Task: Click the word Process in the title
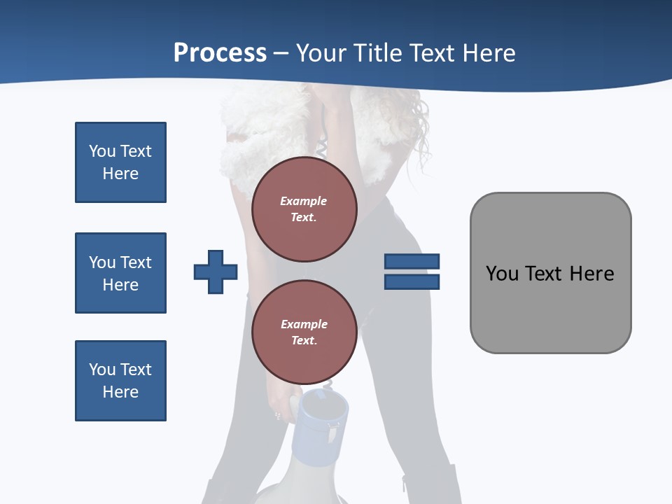[x=220, y=53]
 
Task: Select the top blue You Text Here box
[x=120, y=162]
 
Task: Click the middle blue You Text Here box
[x=120, y=273]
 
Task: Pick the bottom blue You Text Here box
[x=120, y=381]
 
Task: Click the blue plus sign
[x=216, y=272]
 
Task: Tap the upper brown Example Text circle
[x=304, y=209]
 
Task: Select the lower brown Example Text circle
[x=304, y=332]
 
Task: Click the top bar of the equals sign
[x=412, y=261]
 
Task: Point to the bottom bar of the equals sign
[x=412, y=282]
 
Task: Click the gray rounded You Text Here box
[x=550, y=308]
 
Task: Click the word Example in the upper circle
[x=304, y=201]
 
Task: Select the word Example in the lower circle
[x=304, y=324]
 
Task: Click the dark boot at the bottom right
[x=430, y=486]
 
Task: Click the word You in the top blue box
[x=102, y=151]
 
